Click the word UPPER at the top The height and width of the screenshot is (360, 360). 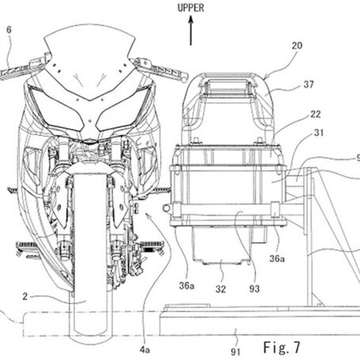(191, 8)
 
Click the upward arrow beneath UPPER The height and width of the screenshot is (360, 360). (191, 30)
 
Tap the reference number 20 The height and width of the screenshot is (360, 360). (297, 46)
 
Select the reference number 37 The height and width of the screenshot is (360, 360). (309, 85)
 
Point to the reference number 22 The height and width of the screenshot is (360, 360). (315, 114)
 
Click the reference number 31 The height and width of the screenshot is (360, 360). (319, 132)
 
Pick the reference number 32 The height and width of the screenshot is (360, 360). (220, 289)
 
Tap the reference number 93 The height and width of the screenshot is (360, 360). (254, 289)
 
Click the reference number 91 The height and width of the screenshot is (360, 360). (235, 352)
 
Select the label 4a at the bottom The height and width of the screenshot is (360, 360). (144, 350)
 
